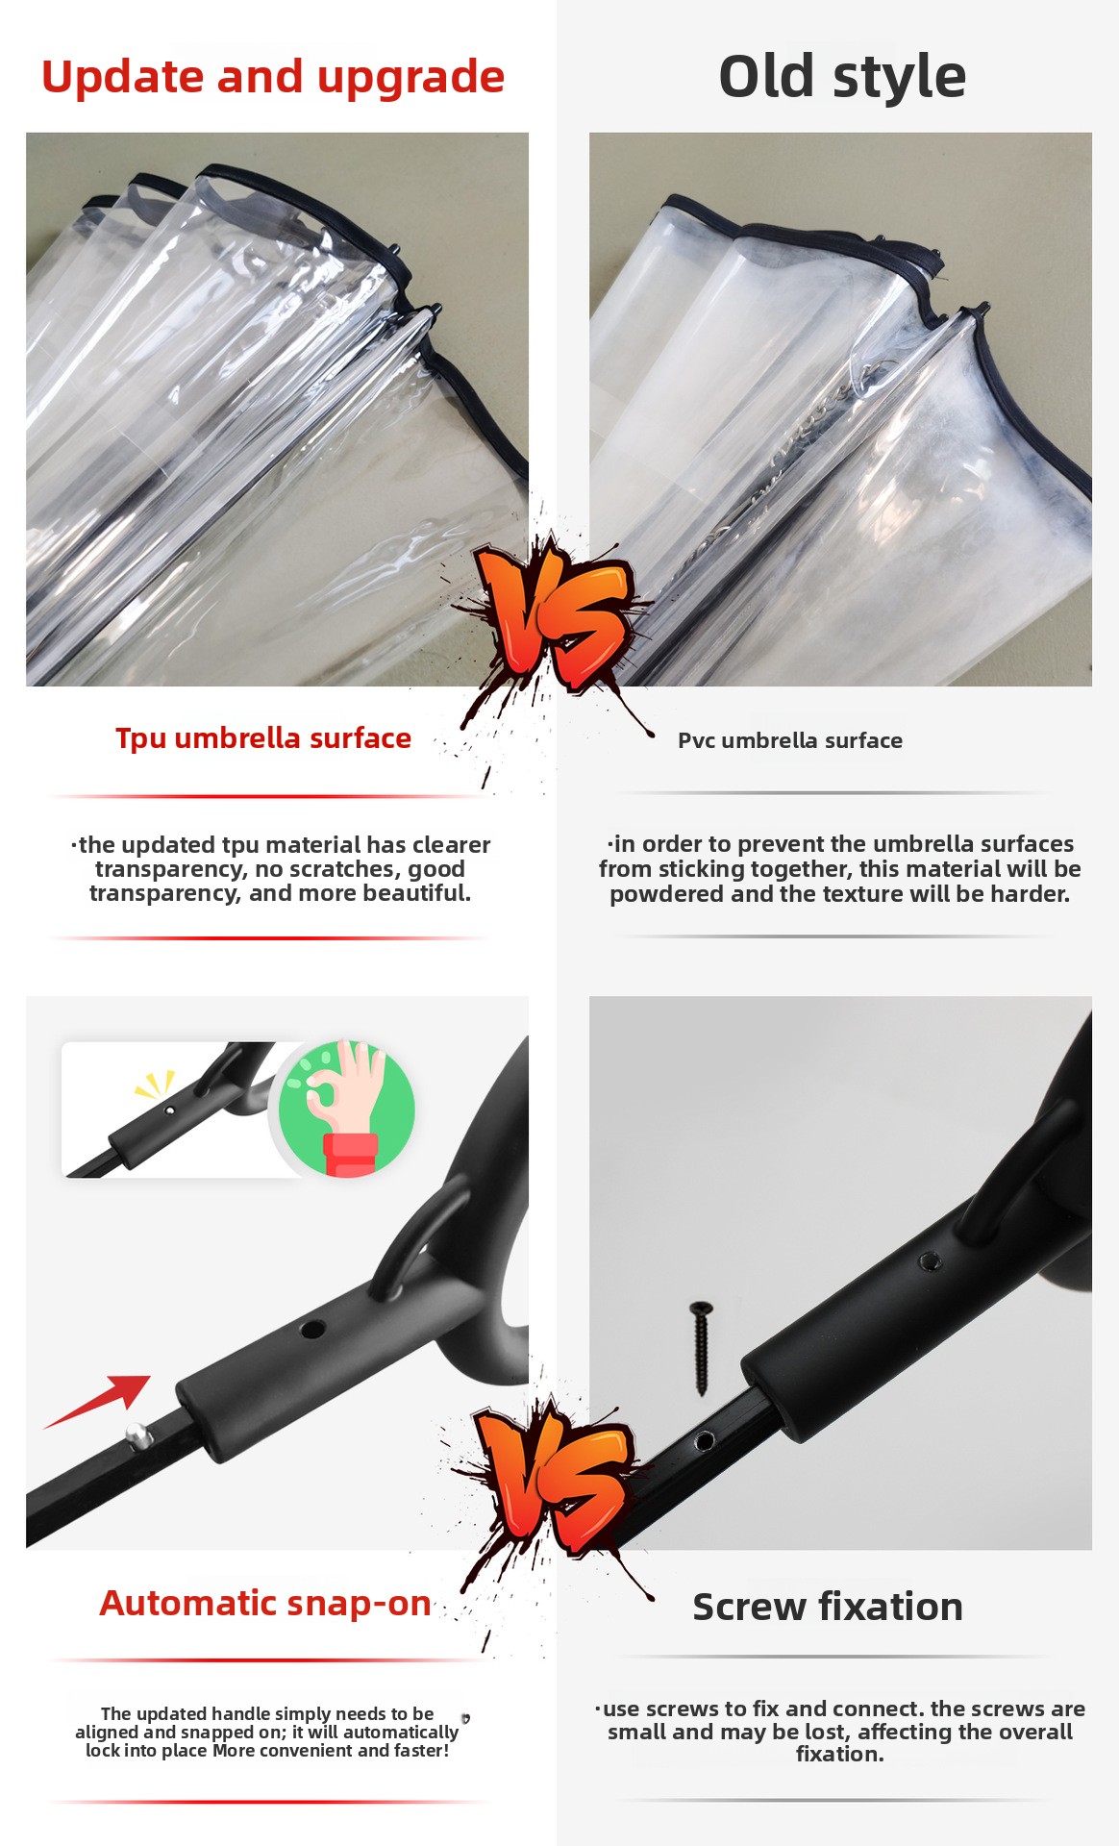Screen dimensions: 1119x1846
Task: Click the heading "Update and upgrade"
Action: point(273,77)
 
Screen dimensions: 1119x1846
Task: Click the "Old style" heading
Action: point(842,76)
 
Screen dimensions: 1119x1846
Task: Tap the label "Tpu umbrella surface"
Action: point(263,738)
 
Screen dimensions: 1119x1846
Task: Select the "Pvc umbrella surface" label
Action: point(790,740)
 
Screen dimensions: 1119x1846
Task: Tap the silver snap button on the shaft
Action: point(138,1436)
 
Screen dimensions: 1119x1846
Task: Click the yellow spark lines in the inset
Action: point(155,1085)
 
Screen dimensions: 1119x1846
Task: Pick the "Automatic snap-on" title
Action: point(265,1603)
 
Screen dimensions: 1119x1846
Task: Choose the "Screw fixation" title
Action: point(828,1607)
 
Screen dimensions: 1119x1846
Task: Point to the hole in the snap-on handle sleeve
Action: point(312,1330)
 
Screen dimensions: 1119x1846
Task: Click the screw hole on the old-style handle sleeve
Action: point(929,1260)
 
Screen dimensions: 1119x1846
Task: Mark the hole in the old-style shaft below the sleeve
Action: point(704,1441)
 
